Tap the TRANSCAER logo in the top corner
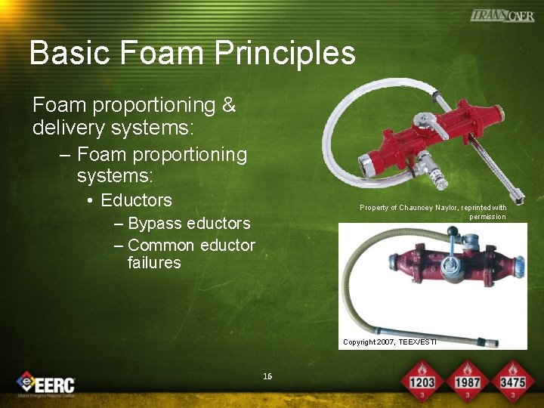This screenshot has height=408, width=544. pyautogui.click(x=502, y=15)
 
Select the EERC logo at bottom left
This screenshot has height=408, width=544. pyautogui.click(x=47, y=384)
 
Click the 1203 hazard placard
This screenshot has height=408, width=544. pyautogui.click(x=422, y=381)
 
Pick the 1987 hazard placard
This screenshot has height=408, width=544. pyautogui.click(x=467, y=381)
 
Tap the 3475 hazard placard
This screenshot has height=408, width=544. pyautogui.click(x=512, y=381)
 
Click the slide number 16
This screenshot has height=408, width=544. pyautogui.click(x=267, y=376)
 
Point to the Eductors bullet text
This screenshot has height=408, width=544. pyautogui.click(x=136, y=200)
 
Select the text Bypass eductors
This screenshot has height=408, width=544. pyautogui.click(x=189, y=224)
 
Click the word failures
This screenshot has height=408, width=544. pyautogui.click(x=154, y=263)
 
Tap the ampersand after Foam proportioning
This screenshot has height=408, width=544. pyautogui.click(x=229, y=106)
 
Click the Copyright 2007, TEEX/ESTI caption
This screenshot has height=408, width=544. pyautogui.click(x=389, y=342)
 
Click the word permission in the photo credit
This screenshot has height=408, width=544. pyautogui.click(x=487, y=217)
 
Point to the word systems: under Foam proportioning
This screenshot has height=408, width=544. pyautogui.click(x=115, y=176)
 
